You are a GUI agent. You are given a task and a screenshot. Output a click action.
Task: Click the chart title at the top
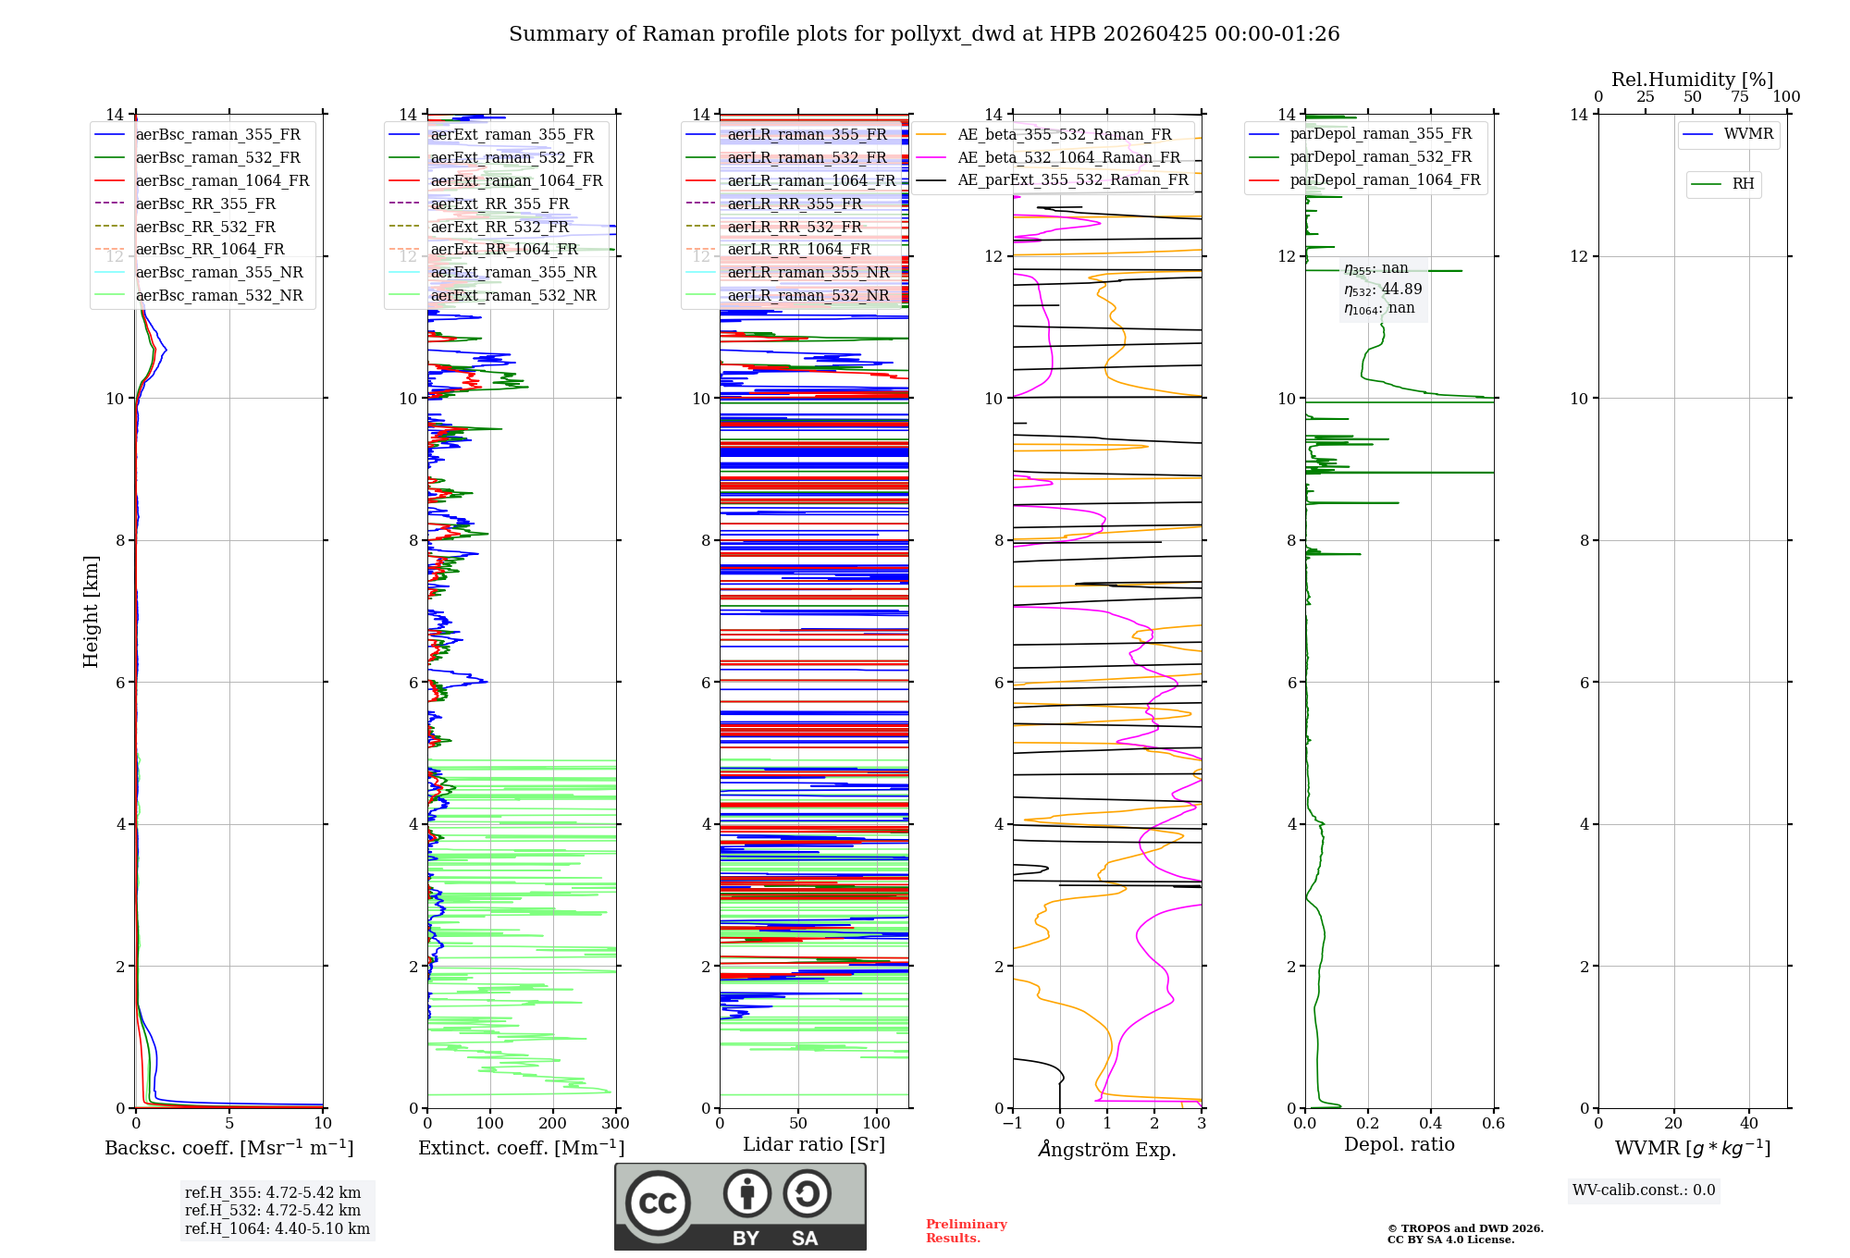click(924, 34)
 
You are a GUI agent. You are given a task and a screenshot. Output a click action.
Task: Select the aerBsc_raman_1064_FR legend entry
click(222, 180)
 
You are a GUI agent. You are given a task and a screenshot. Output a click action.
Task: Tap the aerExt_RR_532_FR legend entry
click(499, 227)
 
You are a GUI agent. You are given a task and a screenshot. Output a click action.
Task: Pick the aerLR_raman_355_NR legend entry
click(808, 272)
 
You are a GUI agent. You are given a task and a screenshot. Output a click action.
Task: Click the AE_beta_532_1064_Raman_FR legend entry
click(1068, 157)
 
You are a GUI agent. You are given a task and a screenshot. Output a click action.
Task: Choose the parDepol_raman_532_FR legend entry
click(1380, 157)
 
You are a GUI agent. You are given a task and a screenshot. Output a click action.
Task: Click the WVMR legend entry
click(1748, 134)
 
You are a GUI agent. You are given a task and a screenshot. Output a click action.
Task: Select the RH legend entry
click(1743, 184)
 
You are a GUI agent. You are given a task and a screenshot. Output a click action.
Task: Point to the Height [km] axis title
click(91, 611)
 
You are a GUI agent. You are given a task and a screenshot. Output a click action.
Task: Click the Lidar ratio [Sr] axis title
click(814, 1144)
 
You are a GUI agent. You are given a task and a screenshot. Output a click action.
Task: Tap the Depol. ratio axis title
click(1399, 1144)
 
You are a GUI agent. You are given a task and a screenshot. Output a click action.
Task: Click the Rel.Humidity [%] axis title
click(1692, 80)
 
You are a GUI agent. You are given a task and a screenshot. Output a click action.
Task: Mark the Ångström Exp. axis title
click(1107, 1149)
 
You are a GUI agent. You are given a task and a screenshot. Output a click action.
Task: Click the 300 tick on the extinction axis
click(615, 1124)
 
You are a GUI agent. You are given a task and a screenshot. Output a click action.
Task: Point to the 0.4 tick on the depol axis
click(1430, 1124)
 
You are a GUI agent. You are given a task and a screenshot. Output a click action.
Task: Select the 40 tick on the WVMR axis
click(1748, 1124)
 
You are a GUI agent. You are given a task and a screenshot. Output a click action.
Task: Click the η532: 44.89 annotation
click(1383, 290)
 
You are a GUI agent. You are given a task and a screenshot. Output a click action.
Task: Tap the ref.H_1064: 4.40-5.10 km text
click(277, 1228)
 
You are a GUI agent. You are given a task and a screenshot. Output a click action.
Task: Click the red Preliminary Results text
click(966, 1231)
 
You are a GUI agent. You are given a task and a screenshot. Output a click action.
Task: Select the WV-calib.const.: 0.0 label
click(1644, 1190)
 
